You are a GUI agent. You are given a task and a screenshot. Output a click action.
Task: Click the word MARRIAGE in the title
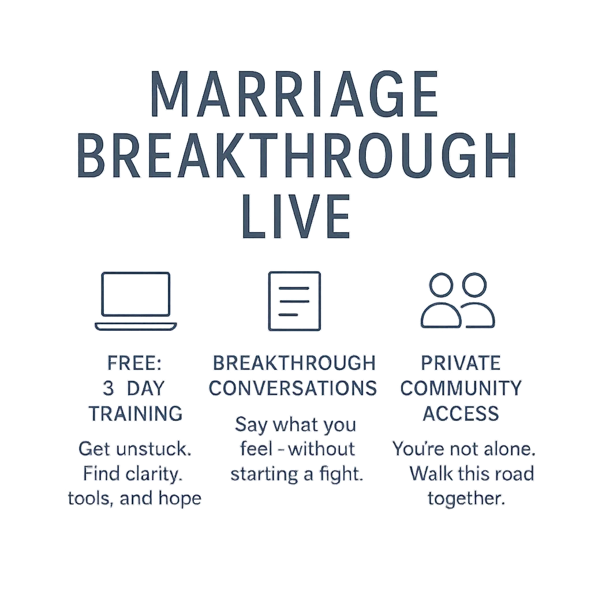[x=294, y=94]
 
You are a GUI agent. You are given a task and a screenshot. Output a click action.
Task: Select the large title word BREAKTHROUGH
[x=297, y=155]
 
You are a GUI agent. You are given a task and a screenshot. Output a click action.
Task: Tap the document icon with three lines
[x=294, y=301]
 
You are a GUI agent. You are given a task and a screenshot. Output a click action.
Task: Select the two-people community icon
[x=458, y=300]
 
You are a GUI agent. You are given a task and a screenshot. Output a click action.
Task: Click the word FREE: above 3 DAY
[x=134, y=364]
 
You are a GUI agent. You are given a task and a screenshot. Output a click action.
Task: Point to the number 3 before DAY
[x=108, y=388]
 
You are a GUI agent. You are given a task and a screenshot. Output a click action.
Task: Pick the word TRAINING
[x=135, y=413]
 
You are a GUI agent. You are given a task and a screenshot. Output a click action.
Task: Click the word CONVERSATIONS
[x=293, y=388]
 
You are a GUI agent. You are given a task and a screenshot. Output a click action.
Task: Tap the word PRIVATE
[x=461, y=364]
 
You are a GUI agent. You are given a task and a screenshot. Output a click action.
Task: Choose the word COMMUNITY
[x=461, y=388]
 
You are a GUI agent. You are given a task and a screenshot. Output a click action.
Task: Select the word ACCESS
[x=461, y=413]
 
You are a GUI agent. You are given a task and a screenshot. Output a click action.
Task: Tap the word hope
[x=180, y=498]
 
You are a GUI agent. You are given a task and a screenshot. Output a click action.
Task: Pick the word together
[x=466, y=499]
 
